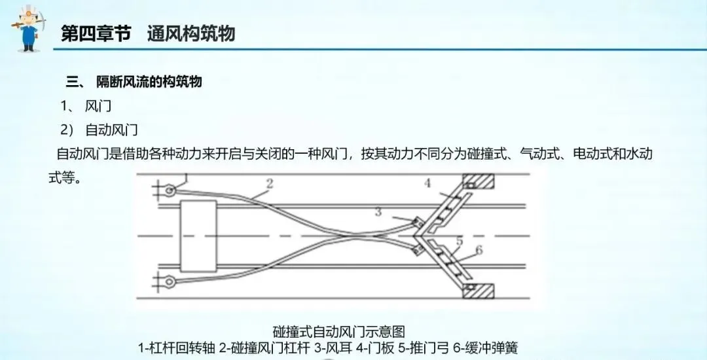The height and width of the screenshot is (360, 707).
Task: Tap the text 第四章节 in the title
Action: [96, 33]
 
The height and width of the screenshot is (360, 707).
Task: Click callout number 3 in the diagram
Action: [378, 211]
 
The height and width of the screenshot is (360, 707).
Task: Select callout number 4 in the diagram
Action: [428, 183]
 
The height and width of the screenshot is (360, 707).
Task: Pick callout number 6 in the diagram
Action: [478, 249]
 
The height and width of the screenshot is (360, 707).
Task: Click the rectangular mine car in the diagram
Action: [198, 236]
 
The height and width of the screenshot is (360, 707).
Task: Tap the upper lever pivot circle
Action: [170, 190]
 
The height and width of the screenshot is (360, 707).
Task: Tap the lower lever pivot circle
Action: [170, 282]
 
